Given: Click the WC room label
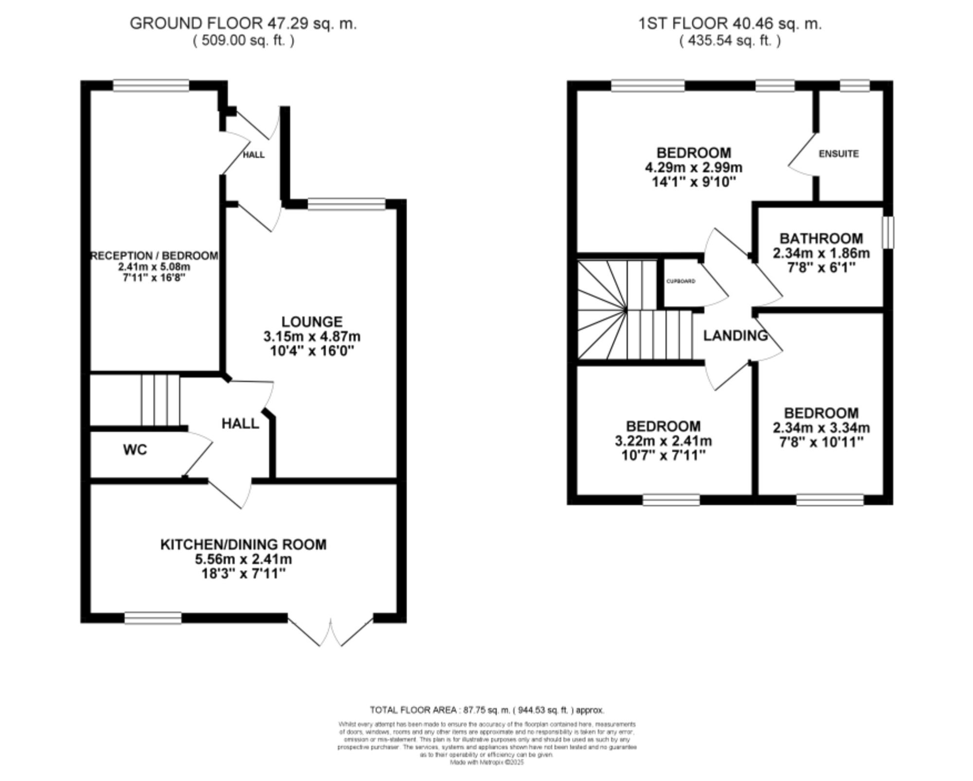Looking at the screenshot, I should pyautogui.click(x=135, y=450).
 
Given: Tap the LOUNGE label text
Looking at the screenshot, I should pyautogui.click(x=312, y=321).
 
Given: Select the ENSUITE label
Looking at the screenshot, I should pyautogui.click(x=838, y=154).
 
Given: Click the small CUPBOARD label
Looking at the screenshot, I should pyautogui.click(x=681, y=281).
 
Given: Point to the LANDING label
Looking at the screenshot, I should pyautogui.click(x=735, y=336).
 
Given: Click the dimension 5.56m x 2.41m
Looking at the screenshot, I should pyautogui.click(x=243, y=559).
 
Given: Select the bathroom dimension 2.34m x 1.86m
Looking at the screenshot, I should pyautogui.click(x=821, y=253).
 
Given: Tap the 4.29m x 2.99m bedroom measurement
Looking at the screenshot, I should pyautogui.click(x=693, y=168).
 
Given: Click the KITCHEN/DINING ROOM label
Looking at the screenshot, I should pyautogui.click(x=243, y=544).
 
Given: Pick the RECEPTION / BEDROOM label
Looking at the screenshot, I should pyautogui.click(x=155, y=256).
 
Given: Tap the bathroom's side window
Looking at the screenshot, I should pyautogui.click(x=888, y=232).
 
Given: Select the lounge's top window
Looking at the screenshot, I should pyautogui.click(x=346, y=204).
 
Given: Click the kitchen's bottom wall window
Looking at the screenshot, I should pyautogui.click(x=153, y=618).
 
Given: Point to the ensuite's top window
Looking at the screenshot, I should pyautogui.click(x=855, y=86).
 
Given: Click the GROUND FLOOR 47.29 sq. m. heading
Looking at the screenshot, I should pyautogui.click(x=243, y=23).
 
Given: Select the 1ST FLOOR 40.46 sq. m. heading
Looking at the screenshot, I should pyautogui.click(x=730, y=23).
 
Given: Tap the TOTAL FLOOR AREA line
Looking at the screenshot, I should pyautogui.click(x=486, y=710).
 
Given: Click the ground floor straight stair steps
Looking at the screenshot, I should pyautogui.click(x=161, y=400).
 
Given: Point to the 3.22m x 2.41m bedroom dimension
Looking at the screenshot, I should pyautogui.click(x=663, y=441).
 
